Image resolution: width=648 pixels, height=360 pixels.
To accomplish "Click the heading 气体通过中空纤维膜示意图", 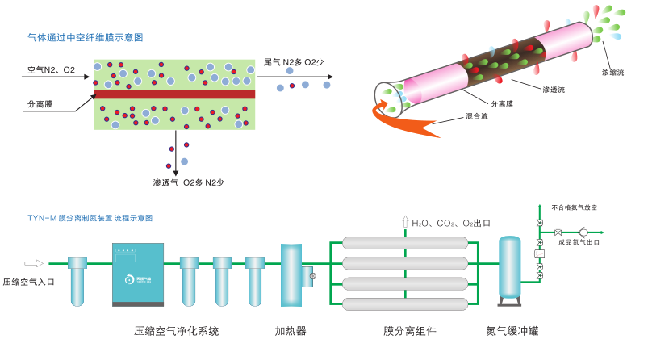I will click(x=85, y=37).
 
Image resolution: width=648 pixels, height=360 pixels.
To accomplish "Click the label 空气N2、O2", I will click(x=52, y=70).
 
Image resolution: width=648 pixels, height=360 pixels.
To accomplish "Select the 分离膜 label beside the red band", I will click(x=40, y=104).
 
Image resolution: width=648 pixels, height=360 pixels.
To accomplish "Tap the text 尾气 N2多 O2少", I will click(x=294, y=62).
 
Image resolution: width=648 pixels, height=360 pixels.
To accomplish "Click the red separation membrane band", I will click(x=174, y=94).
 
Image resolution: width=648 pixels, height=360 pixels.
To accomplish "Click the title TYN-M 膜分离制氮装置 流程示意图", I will click(x=90, y=218).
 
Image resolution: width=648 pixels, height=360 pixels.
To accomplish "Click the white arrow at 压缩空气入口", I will click(x=34, y=262).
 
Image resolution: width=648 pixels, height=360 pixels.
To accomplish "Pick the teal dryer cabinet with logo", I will click(x=138, y=275).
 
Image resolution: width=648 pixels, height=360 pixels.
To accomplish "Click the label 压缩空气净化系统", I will click(x=176, y=331).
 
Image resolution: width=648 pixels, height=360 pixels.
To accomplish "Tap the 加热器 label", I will click(x=291, y=331).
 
